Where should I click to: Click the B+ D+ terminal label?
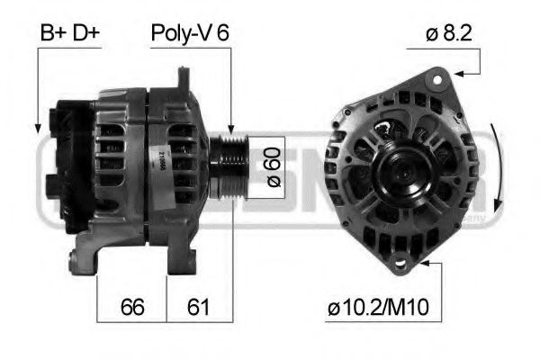pos(69,33)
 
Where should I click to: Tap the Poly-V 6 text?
pos(189,33)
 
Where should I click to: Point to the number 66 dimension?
pos(131,306)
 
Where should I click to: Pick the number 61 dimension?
pos(199,306)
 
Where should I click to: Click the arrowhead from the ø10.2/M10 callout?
pos(418,263)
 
